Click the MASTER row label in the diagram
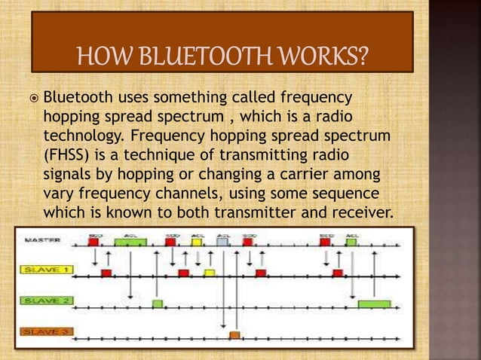pos(44,241)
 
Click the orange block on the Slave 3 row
pos(234,334)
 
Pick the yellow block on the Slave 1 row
pos(209,272)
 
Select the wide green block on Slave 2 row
pos(374,304)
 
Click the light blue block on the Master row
pos(222,243)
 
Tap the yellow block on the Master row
pos(197,243)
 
